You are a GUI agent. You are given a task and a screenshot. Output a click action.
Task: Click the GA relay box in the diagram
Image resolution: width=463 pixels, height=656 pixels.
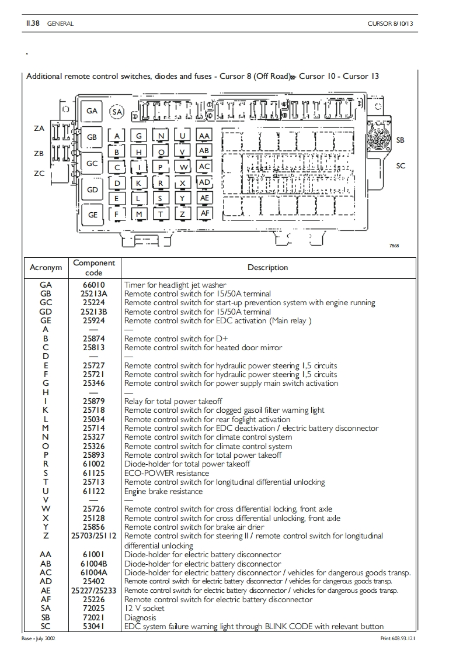(92, 111)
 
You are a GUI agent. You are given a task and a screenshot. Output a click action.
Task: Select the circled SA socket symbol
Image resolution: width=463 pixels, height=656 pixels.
(117, 112)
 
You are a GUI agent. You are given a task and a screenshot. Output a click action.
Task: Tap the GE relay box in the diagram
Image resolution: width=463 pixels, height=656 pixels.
(93, 215)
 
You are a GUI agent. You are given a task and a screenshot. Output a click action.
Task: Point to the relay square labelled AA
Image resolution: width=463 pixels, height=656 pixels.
(204, 136)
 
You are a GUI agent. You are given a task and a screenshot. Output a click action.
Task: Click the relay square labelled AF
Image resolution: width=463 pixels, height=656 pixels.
(204, 214)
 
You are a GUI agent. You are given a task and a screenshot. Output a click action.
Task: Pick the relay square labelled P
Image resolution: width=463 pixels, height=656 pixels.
(161, 167)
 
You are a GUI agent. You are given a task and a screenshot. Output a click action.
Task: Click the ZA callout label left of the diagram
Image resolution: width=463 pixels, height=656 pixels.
(39, 129)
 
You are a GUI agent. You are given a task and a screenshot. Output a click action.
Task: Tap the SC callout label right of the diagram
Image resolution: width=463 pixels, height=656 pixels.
(401, 166)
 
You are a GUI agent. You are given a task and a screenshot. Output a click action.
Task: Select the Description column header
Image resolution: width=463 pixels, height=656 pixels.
(267, 268)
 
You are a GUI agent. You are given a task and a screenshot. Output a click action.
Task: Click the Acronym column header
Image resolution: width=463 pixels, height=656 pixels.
(46, 268)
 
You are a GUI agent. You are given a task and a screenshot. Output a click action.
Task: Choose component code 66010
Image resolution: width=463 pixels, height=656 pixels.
(93, 285)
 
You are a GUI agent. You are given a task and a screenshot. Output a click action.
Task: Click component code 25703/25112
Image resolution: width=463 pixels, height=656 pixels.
(93, 536)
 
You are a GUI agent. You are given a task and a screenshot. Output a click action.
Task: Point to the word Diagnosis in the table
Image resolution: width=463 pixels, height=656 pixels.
(140, 617)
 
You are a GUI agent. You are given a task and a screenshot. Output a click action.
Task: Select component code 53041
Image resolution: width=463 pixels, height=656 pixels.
(93, 626)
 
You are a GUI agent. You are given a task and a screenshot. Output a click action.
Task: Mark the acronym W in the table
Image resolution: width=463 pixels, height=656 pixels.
(46, 509)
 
